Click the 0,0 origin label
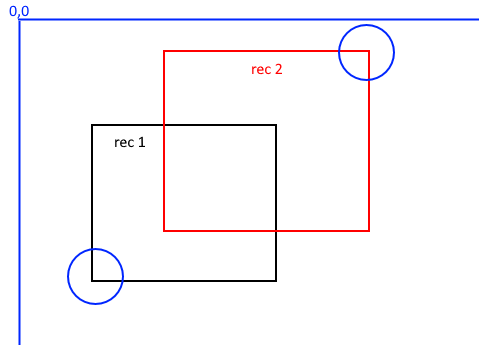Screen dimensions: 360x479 (19, 10)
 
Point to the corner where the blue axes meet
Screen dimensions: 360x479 (20, 20)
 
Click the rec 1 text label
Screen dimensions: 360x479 (130, 142)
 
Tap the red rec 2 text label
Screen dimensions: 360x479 (267, 69)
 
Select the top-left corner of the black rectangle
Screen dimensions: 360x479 (92, 125)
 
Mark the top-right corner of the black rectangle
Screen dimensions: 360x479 (276, 125)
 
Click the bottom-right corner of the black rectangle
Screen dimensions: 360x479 (276, 280)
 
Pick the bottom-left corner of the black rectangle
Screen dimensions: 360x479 (92, 280)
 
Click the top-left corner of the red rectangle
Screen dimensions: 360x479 (164, 51)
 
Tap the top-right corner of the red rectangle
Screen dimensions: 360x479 (369, 51)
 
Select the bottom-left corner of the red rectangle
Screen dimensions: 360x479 (164, 231)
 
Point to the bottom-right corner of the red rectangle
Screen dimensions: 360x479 (369, 231)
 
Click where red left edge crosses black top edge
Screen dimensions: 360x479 (164, 125)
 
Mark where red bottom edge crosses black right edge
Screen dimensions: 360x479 (276, 231)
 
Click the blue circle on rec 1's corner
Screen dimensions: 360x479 (95, 277)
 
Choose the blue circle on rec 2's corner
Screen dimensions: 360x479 (366, 52)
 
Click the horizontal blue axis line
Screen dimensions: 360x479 (250, 20)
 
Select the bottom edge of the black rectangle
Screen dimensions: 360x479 (185, 280)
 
